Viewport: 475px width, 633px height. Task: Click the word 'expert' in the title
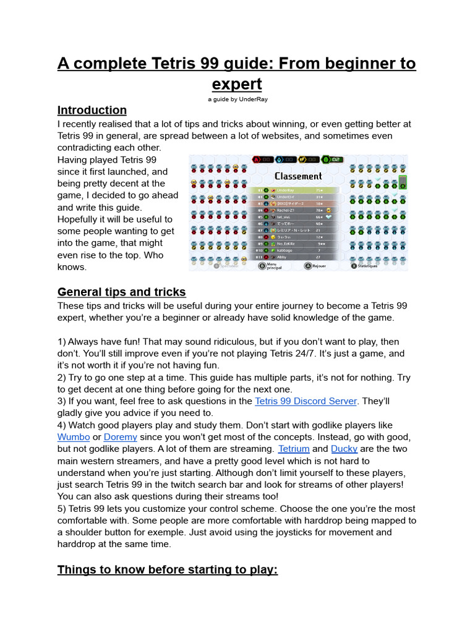[x=237, y=84]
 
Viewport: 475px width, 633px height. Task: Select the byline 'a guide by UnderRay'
[x=237, y=99]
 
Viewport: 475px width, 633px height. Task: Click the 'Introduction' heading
[x=92, y=110]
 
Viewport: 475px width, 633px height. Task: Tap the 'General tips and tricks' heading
[x=121, y=292]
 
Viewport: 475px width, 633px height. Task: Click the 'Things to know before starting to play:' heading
[x=168, y=569]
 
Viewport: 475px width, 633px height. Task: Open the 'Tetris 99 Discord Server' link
[x=306, y=401]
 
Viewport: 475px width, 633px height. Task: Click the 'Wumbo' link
[x=74, y=437]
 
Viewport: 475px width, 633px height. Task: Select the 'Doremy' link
[x=121, y=437]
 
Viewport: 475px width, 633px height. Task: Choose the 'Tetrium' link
[x=293, y=449]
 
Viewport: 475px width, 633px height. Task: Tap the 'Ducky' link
[x=344, y=449]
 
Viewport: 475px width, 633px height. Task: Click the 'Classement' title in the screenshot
[x=298, y=176]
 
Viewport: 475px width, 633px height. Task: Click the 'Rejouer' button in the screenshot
[x=317, y=266]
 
